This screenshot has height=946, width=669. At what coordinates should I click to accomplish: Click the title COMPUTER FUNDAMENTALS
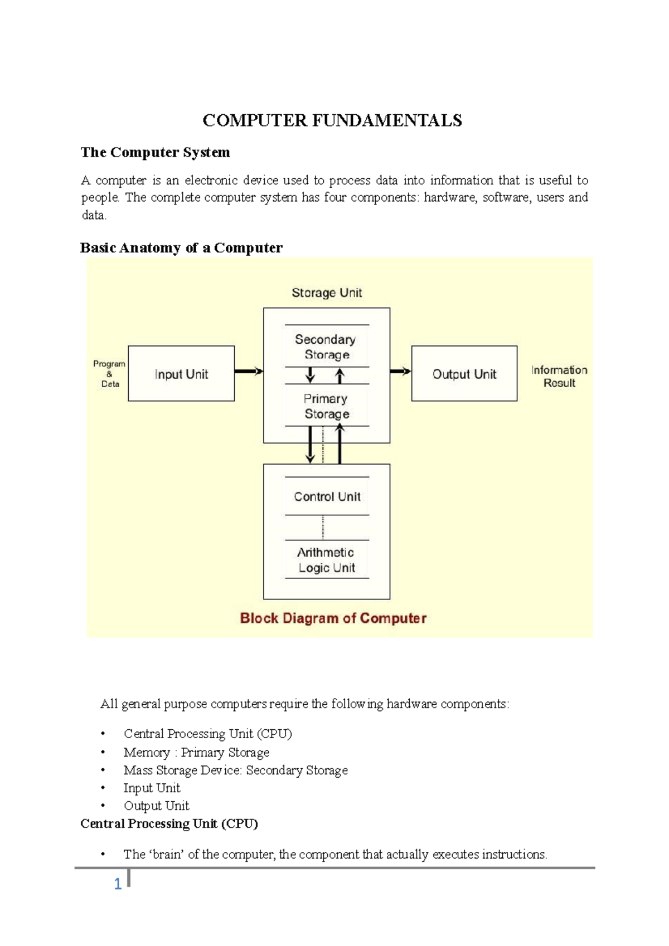point(332,120)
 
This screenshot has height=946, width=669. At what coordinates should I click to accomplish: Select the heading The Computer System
point(155,152)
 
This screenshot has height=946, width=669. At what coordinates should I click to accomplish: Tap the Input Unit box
point(181,374)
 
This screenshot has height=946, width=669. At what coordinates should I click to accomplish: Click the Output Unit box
point(464,374)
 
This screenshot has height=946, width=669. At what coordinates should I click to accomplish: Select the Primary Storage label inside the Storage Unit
point(327,406)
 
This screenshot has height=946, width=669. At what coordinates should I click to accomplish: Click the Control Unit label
point(327,496)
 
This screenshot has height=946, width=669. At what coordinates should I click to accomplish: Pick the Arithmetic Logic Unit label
point(327,560)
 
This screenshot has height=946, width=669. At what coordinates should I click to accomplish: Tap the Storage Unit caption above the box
point(327,292)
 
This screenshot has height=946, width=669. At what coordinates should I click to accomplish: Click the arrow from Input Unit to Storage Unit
point(249,371)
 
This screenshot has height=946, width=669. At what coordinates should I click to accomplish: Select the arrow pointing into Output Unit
point(400,371)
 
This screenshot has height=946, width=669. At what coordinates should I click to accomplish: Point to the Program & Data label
point(109,373)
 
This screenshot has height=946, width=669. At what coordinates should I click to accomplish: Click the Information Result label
point(559,376)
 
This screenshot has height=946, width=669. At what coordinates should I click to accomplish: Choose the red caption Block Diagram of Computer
point(333,618)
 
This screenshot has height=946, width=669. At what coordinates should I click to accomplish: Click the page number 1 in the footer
point(118,884)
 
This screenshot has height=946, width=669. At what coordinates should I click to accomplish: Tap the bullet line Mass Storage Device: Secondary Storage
point(235,770)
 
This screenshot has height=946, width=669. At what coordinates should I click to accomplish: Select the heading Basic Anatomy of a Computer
point(181,247)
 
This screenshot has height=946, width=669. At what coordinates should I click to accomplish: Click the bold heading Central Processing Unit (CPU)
point(169,823)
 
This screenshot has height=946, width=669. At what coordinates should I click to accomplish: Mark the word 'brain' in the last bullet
point(166,854)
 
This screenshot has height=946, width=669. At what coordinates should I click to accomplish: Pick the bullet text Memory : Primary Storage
point(196,752)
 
